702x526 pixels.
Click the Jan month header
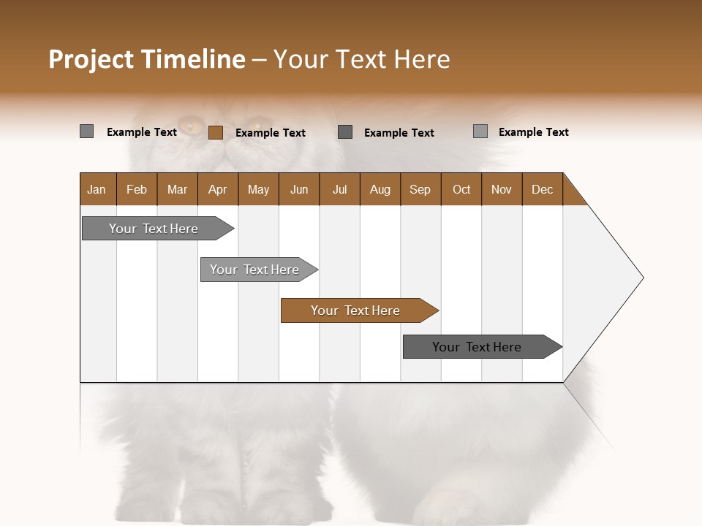[x=97, y=190]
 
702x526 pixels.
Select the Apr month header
[x=217, y=190]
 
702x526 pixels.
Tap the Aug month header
[x=380, y=190]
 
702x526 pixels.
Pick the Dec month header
[x=542, y=190]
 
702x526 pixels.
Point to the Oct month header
[x=461, y=190]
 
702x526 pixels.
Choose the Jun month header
[x=299, y=190]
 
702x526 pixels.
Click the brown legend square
[x=215, y=132]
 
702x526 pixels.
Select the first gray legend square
[x=86, y=131]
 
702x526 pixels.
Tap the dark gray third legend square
[x=345, y=131]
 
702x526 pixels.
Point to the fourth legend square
[x=480, y=131]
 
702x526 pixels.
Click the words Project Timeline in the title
[x=146, y=59]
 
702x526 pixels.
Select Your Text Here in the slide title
[x=361, y=59]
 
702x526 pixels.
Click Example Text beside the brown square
[x=271, y=133]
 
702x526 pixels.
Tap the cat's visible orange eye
[x=192, y=125]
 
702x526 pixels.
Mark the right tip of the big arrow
[x=642, y=278]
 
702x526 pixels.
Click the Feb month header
[x=137, y=190]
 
